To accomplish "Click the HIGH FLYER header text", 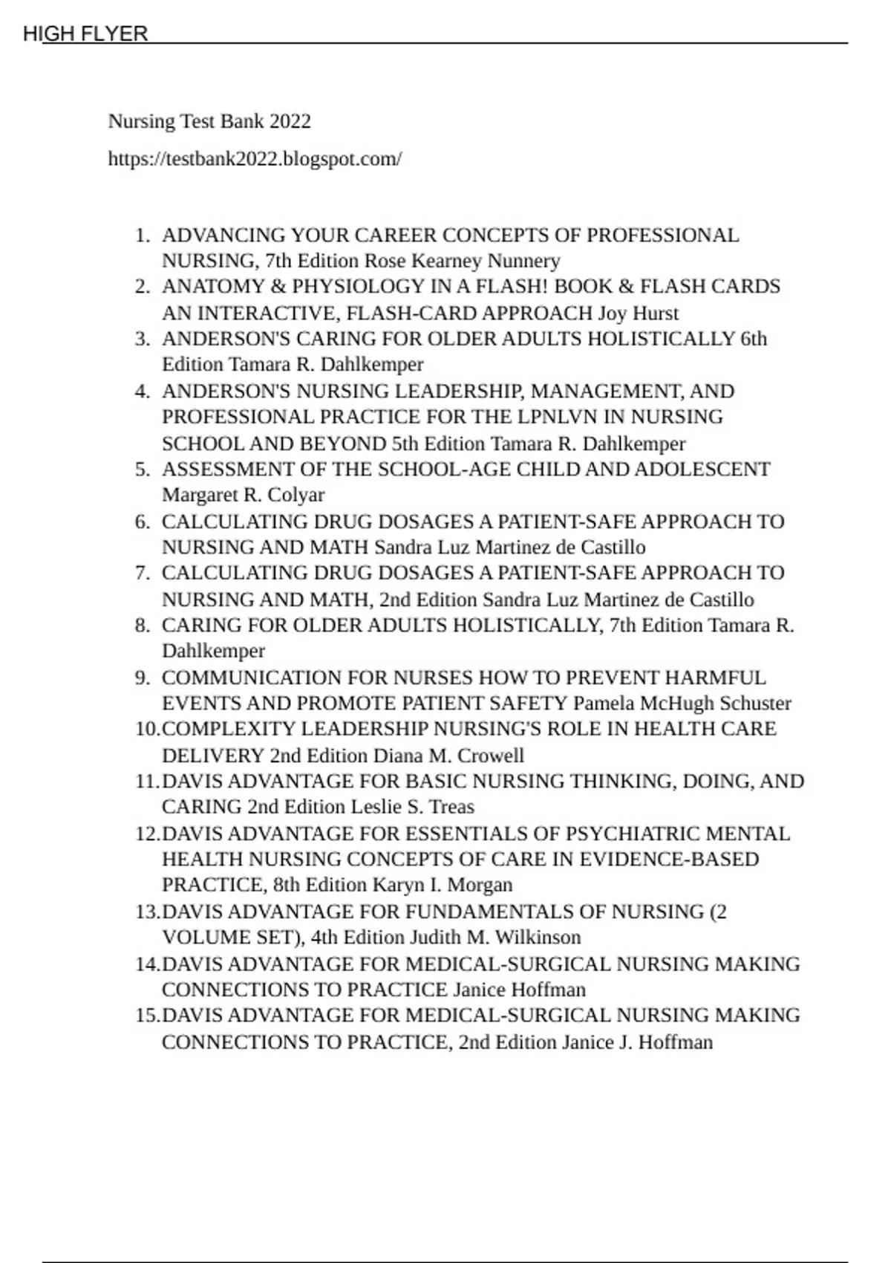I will (x=85, y=33).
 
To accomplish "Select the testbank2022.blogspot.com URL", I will (x=255, y=159).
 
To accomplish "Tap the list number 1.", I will (x=142, y=236).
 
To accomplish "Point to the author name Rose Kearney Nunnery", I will (x=461, y=261).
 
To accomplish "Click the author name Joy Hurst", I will (x=639, y=313).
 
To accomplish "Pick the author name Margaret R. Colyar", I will (x=243, y=495).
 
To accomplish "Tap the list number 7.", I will (x=142, y=574).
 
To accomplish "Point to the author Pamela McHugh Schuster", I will (x=682, y=704).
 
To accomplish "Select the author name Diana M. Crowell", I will (x=448, y=756).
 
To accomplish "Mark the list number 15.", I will (x=146, y=1016).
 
